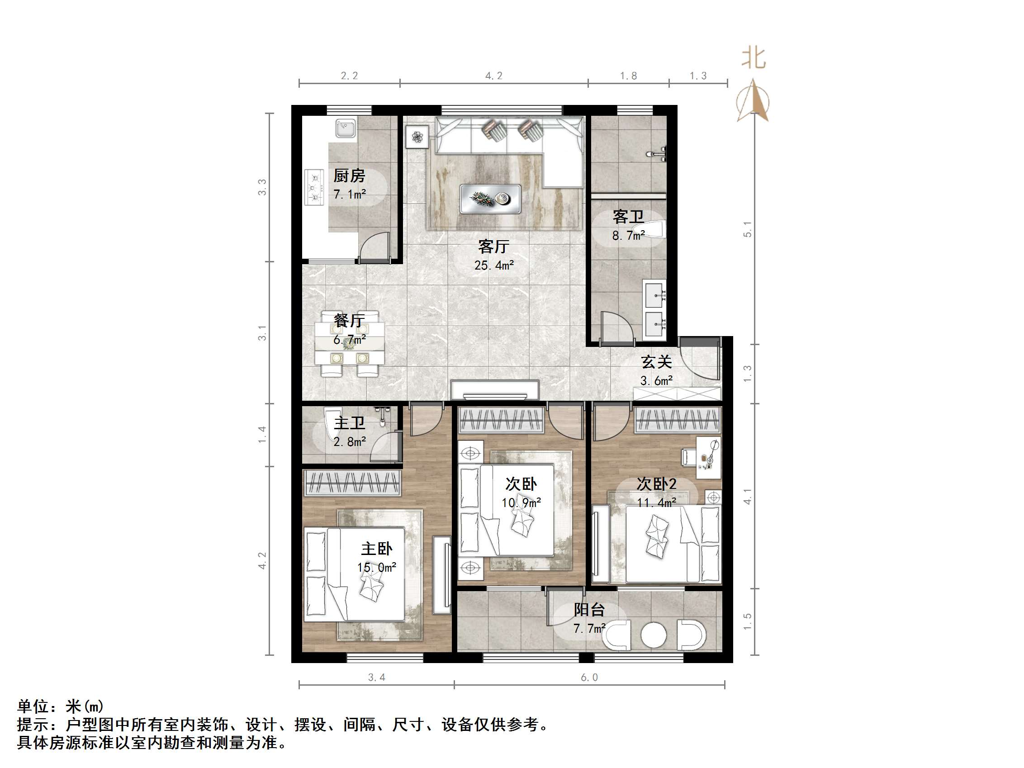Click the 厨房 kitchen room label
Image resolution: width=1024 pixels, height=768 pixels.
click(x=349, y=176)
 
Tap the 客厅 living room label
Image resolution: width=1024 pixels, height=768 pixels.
click(x=493, y=247)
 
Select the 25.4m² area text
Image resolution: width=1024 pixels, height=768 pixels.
click(x=493, y=265)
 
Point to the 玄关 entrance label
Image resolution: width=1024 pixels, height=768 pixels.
click(x=656, y=362)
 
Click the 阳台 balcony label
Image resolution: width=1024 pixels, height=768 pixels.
click(x=589, y=610)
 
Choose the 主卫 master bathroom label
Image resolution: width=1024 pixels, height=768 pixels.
click(x=349, y=423)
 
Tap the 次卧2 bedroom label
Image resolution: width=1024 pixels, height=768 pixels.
click(x=656, y=484)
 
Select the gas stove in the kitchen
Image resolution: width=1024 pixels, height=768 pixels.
click(x=314, y=187)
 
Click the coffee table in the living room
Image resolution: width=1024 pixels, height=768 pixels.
click(x=490, y=199)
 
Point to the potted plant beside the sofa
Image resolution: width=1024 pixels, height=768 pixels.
click(x=417, y=137)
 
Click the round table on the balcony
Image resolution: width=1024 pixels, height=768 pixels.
click(x=653, y=635)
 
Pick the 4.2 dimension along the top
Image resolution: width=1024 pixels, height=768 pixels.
click(x=493, y=76)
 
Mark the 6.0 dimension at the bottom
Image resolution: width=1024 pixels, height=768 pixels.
click(x=589, y=678)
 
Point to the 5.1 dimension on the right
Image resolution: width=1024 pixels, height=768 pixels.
click(x=747, y=230)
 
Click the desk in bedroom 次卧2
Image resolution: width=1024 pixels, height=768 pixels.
click(x=709, y=457)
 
